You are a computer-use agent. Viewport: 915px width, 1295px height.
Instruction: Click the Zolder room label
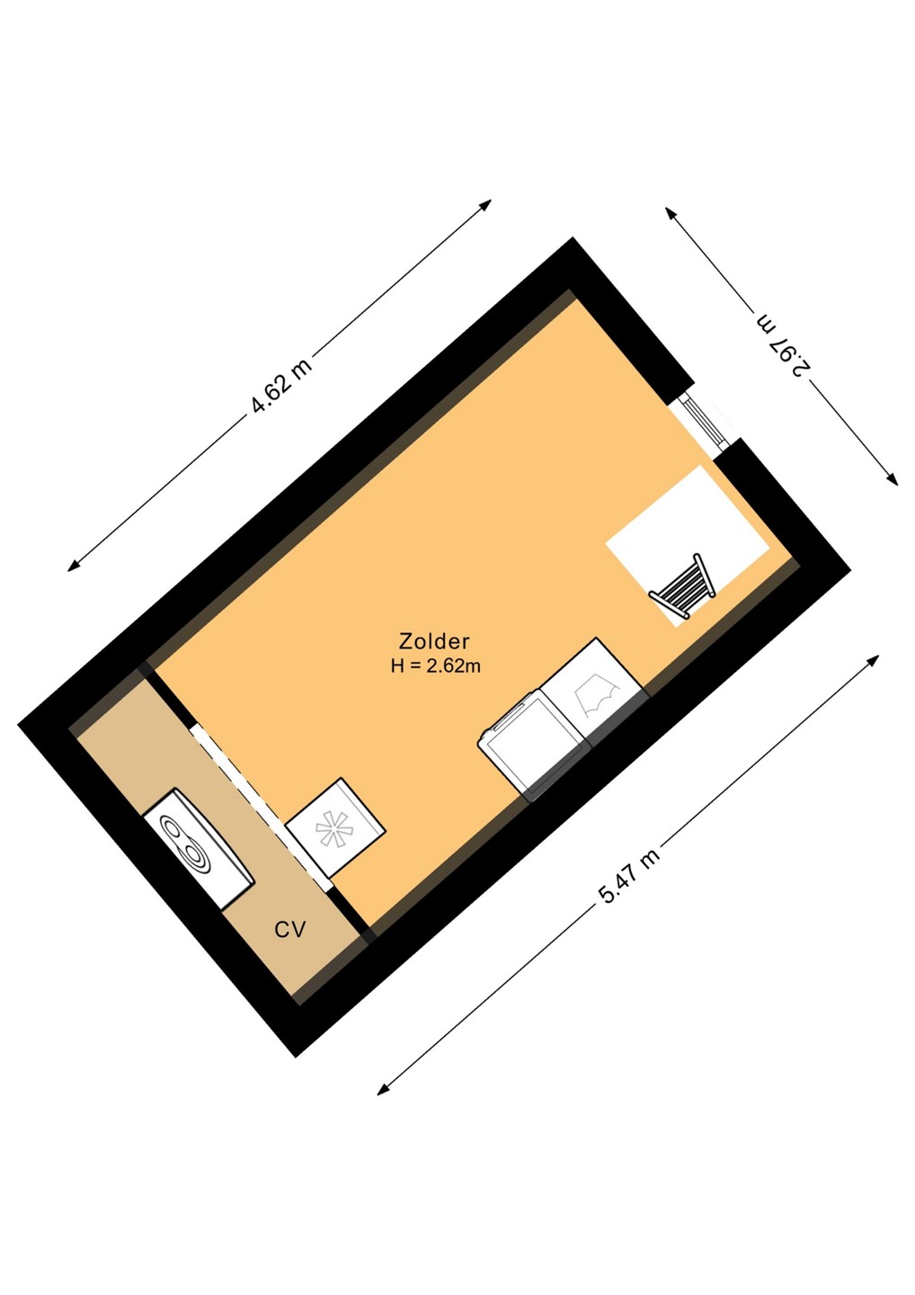pos(434,641)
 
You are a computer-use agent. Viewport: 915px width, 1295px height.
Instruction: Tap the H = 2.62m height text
pos(436,666)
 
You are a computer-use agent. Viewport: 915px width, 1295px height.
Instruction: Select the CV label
pos(290,930)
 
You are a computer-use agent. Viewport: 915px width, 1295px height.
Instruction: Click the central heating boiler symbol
pos(198,847)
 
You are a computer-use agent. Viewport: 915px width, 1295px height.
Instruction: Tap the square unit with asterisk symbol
pos(335,827)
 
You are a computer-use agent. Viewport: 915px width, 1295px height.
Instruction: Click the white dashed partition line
pos(261,807)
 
